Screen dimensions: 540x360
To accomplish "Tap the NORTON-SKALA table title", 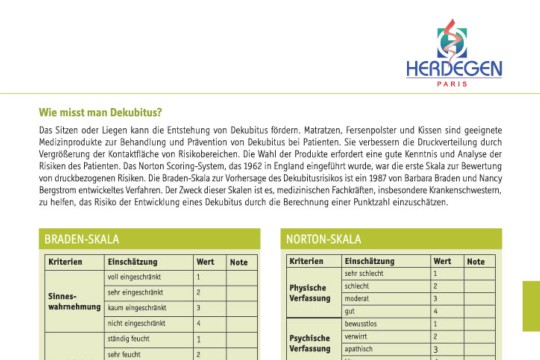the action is tap(322, 240).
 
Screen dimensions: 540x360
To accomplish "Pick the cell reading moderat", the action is tap(356, 298).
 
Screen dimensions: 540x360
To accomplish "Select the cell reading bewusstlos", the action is tap(360, 324).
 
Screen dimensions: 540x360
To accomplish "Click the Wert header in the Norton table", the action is tap(442, 260).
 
